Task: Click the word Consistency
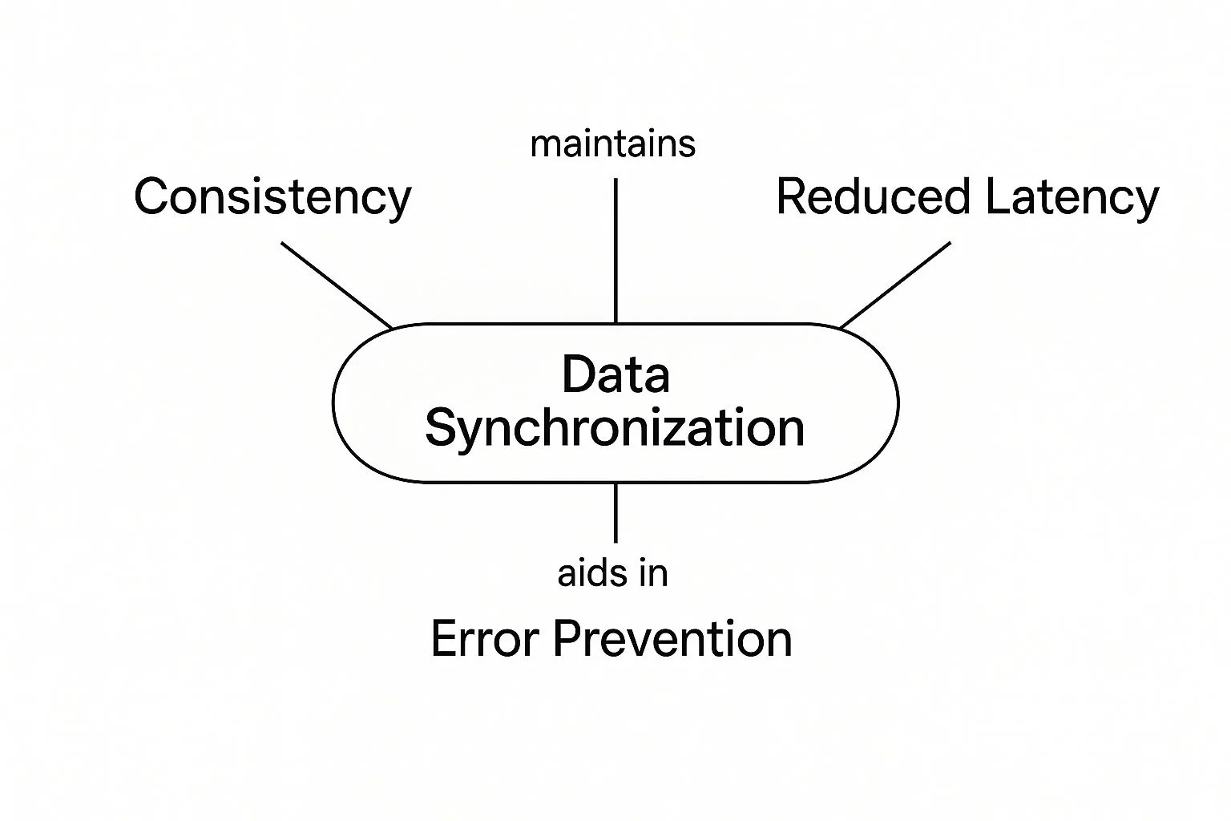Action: (272, 197)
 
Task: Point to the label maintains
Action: (613, 144)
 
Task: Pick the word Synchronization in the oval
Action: (615, 430)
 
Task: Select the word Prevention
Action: (672, 638)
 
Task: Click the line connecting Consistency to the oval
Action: (337, 285)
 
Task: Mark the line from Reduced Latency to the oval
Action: (895, 285)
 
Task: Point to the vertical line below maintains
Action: (615, 250)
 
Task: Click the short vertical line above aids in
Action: (615, 512)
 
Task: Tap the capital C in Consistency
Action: (151, 196)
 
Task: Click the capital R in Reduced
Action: (792, 196)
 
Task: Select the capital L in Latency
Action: (999, 196)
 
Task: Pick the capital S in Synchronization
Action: (442, 427)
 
